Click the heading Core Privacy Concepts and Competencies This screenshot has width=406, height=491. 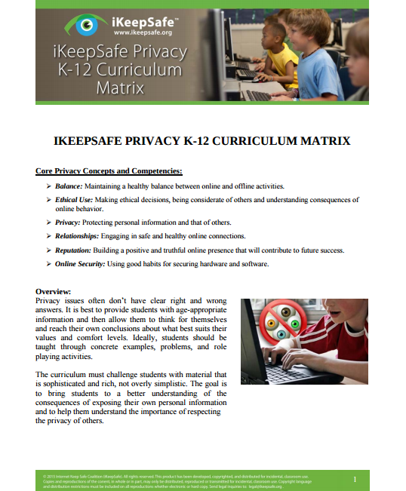pos(109,170)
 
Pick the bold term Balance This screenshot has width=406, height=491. pos(69,186)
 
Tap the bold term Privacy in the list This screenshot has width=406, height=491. pos(68,222)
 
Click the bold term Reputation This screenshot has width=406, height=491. pos(75,250)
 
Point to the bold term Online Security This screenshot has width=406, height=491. pos(81,264)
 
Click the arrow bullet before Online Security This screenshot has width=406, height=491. pos(48,264)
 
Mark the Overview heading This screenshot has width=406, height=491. pos(54,291)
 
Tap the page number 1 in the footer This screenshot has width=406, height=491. pos(354,479)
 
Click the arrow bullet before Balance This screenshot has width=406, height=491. pos(48,186)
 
